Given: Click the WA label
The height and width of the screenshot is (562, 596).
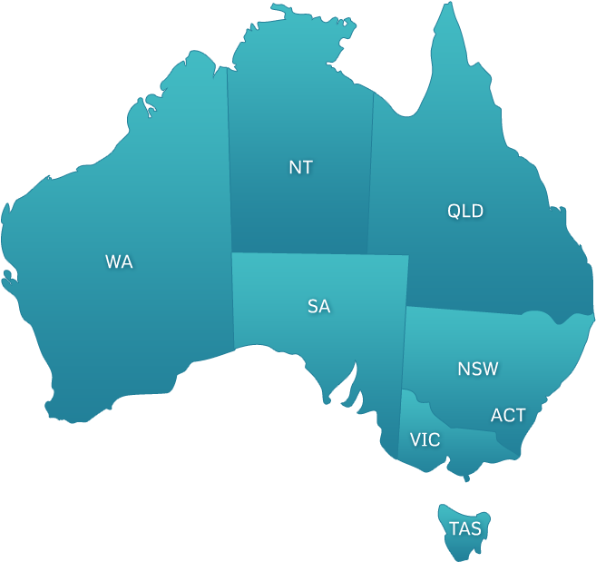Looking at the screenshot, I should [x=119, y=261].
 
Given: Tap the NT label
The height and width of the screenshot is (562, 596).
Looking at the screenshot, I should [x=300, y=167].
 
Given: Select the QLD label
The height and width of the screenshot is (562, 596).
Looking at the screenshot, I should [x=465, y=212].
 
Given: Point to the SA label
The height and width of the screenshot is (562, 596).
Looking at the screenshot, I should [x=318, y=306].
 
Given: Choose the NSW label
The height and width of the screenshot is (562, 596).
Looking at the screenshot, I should [x=477, y=369].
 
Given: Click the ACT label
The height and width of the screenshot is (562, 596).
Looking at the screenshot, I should [x=508, y=415].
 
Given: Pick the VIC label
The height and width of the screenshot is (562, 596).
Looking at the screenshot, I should [x=425, y=439].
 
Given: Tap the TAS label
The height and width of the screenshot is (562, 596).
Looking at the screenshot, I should [x=464, y=527].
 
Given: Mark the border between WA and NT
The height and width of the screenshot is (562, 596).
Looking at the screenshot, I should [x=229, y=163].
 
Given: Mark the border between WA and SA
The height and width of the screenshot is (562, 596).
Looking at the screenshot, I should [x=233, y=300].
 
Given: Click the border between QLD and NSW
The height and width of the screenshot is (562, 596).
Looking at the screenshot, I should [x=463, y=311].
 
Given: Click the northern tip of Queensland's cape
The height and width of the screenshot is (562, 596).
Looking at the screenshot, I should [x=445, y=5].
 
